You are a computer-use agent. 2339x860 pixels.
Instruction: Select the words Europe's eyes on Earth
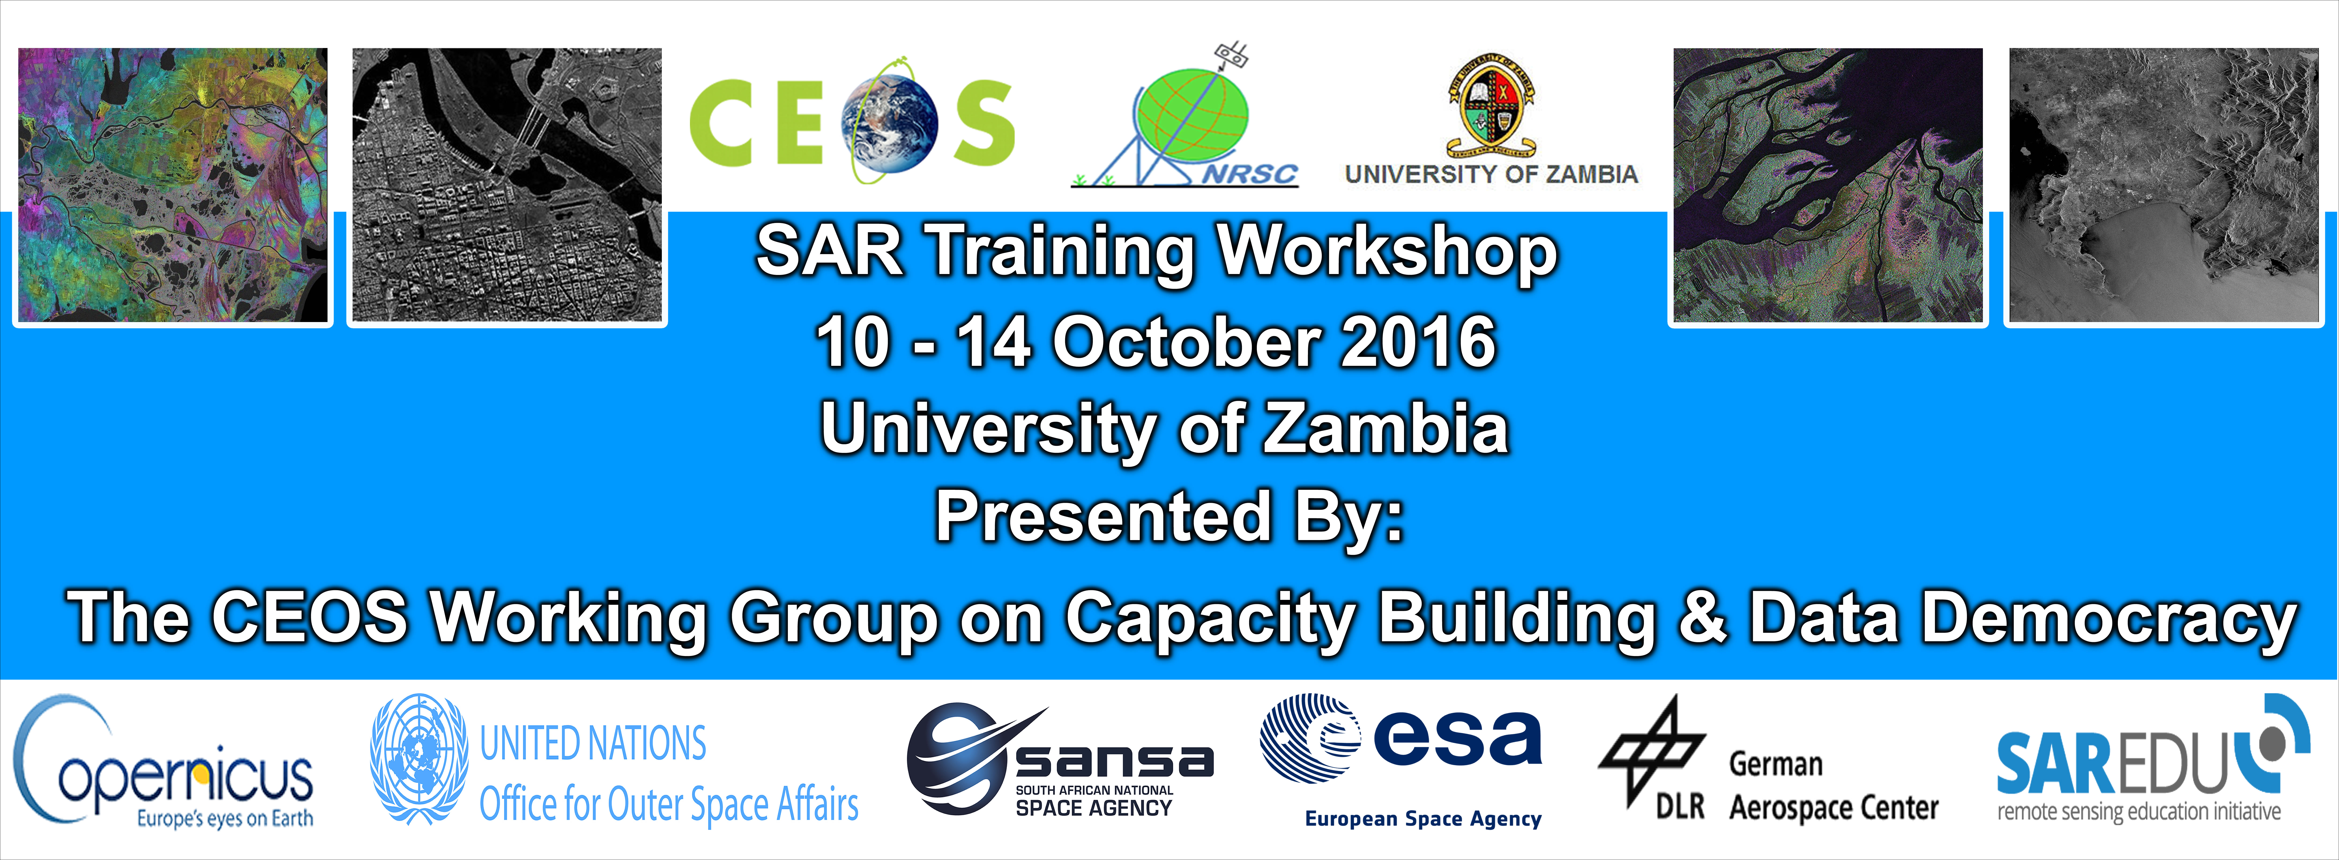(x=225, y=819)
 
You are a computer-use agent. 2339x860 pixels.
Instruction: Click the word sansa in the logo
(x=1114, y=761)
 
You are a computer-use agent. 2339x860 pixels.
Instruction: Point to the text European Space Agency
(x=1423, y=819)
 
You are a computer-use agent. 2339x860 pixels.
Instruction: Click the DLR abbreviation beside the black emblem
(x=1680, y=806)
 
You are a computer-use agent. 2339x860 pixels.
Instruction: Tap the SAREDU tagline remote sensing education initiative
(x=2138, y=811)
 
